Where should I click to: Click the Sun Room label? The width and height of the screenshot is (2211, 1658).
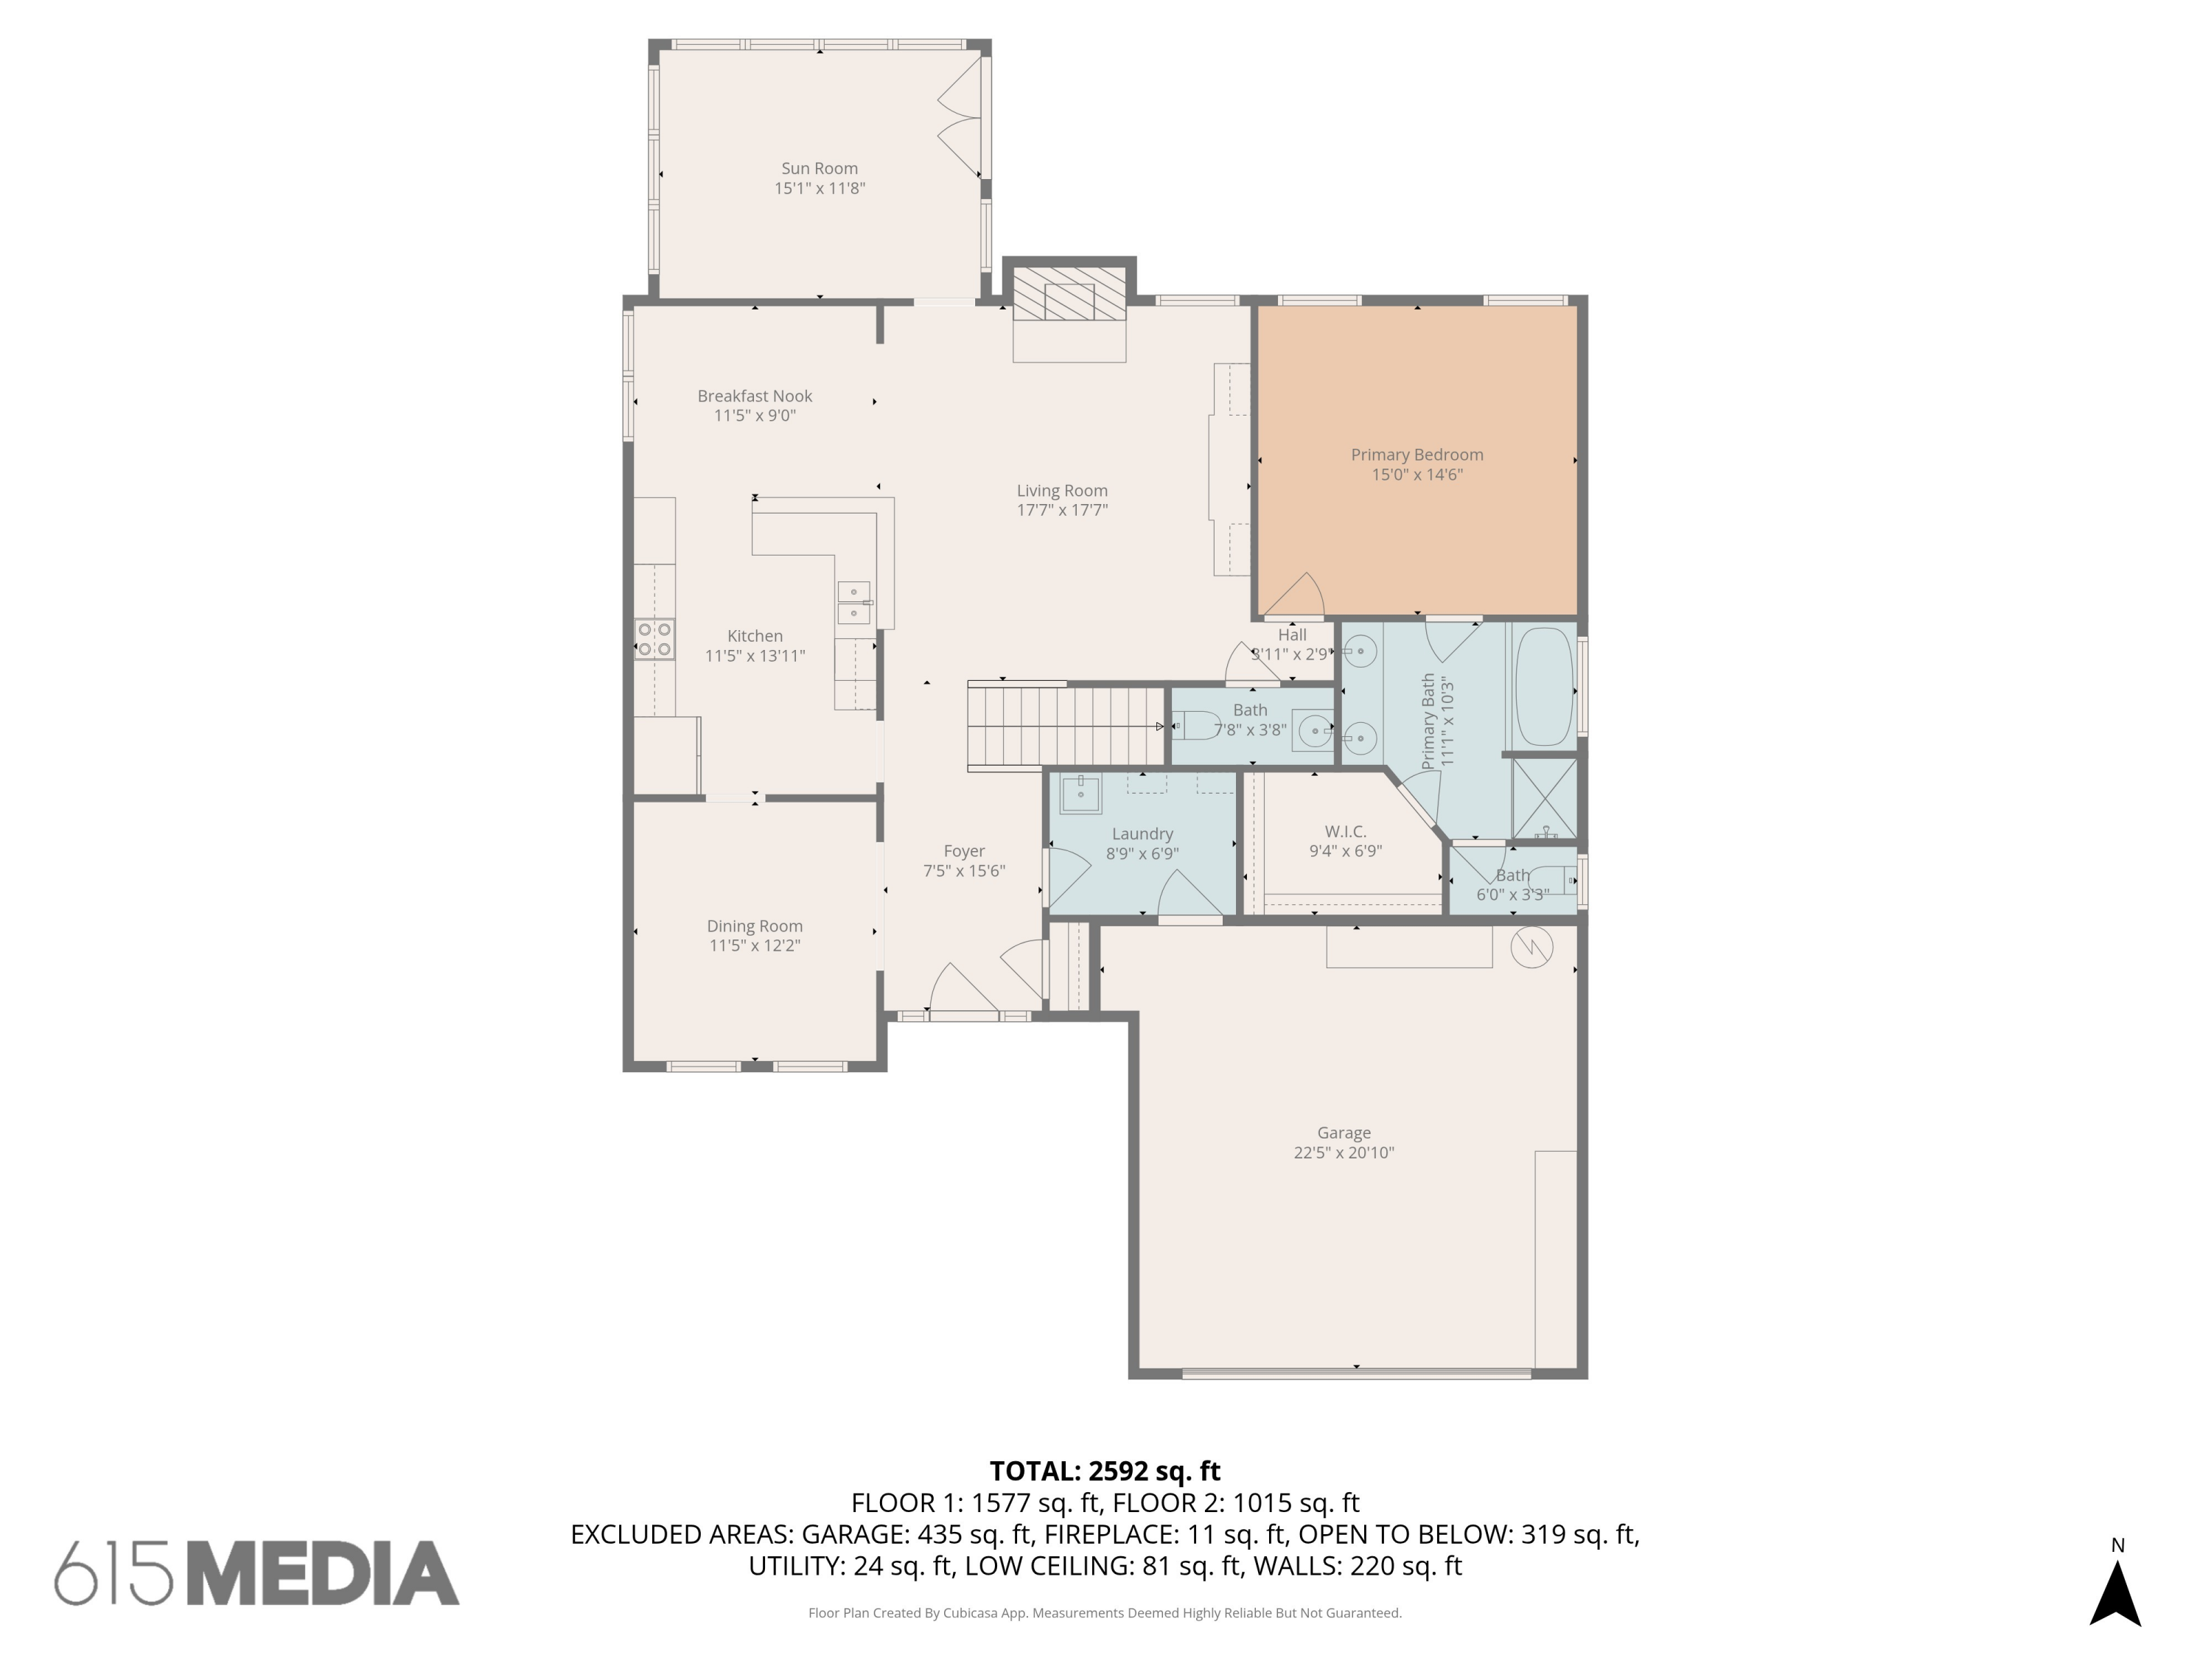[x=819, y=168]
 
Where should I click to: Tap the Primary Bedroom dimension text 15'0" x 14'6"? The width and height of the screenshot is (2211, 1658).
[x=1417, y=475]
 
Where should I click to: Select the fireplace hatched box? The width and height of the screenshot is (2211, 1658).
[x=1069, y=294]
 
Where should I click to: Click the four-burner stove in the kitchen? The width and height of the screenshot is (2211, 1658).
[x=654, y=639]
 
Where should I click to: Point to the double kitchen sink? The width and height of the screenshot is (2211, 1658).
[x=853, y=603]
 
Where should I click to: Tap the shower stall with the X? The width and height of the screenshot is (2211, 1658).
[x=1543, y=799]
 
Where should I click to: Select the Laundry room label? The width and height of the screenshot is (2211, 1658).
[x=1142, y=833]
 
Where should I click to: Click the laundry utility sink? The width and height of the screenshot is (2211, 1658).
[x=1080, y=794]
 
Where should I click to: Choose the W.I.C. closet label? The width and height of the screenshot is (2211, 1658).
[x=1344, y=831]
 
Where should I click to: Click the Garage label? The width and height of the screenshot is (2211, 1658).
[x=1344, y=1133]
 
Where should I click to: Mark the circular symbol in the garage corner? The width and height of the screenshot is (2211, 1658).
[x=1531, y=948]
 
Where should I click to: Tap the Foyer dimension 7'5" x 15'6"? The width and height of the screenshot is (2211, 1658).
[x=963, y=870]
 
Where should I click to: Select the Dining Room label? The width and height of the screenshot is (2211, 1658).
[x=754, y=926]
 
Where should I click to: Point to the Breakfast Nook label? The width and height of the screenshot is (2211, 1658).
[x=754, y=396]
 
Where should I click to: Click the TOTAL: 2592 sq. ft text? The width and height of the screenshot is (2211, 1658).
[x=1105, y=1470]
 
